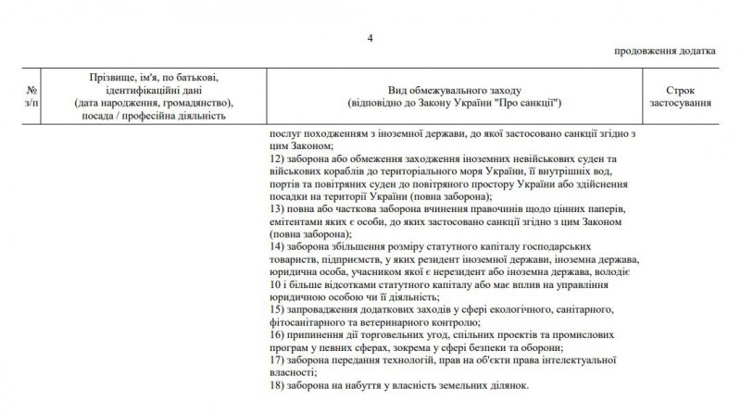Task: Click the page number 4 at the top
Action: (x=370, y=37)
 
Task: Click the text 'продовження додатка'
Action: (x=664, y=52)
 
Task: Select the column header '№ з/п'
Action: (x=32, y=96)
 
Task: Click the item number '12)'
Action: (x=274, y=160)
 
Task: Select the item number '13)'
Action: (x=274, y=210)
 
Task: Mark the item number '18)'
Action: (x=274, y=385)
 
